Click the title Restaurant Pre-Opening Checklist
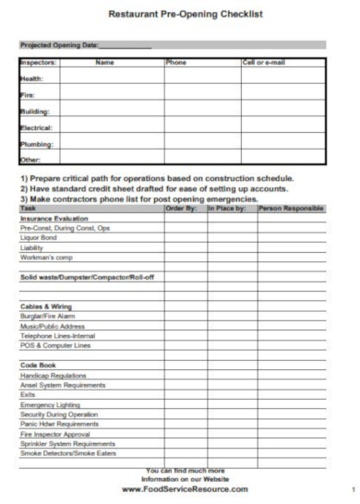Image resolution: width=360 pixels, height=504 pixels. [186, 15]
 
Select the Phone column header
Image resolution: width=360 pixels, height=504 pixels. [175, 63]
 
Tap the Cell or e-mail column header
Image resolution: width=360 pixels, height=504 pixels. [263, 63]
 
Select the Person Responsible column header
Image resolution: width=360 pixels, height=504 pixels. [291, 209]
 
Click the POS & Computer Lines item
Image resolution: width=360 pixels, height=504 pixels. [55, 345]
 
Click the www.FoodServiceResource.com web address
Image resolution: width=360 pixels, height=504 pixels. [185, 489]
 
